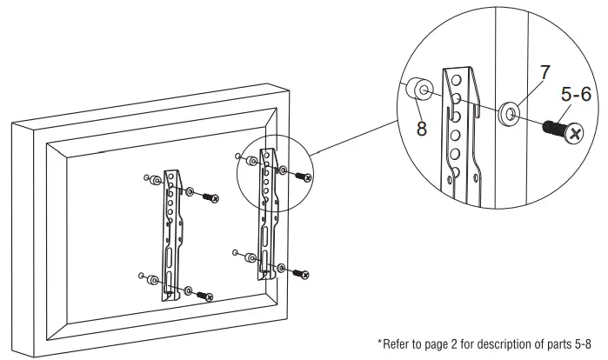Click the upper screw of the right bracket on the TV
pos(304,176)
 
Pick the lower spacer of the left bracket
pos(154,279)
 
